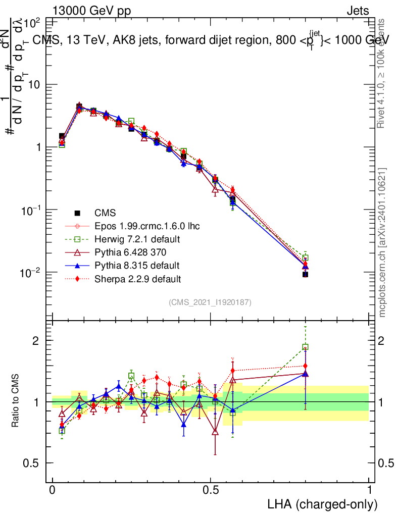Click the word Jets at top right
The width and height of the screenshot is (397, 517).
click(358, 11)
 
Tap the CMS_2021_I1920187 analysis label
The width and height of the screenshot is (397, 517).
click(210, 302)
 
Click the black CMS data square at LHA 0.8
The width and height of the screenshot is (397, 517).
click(305, 274)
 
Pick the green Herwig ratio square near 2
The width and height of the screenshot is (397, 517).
click(305, 347)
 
